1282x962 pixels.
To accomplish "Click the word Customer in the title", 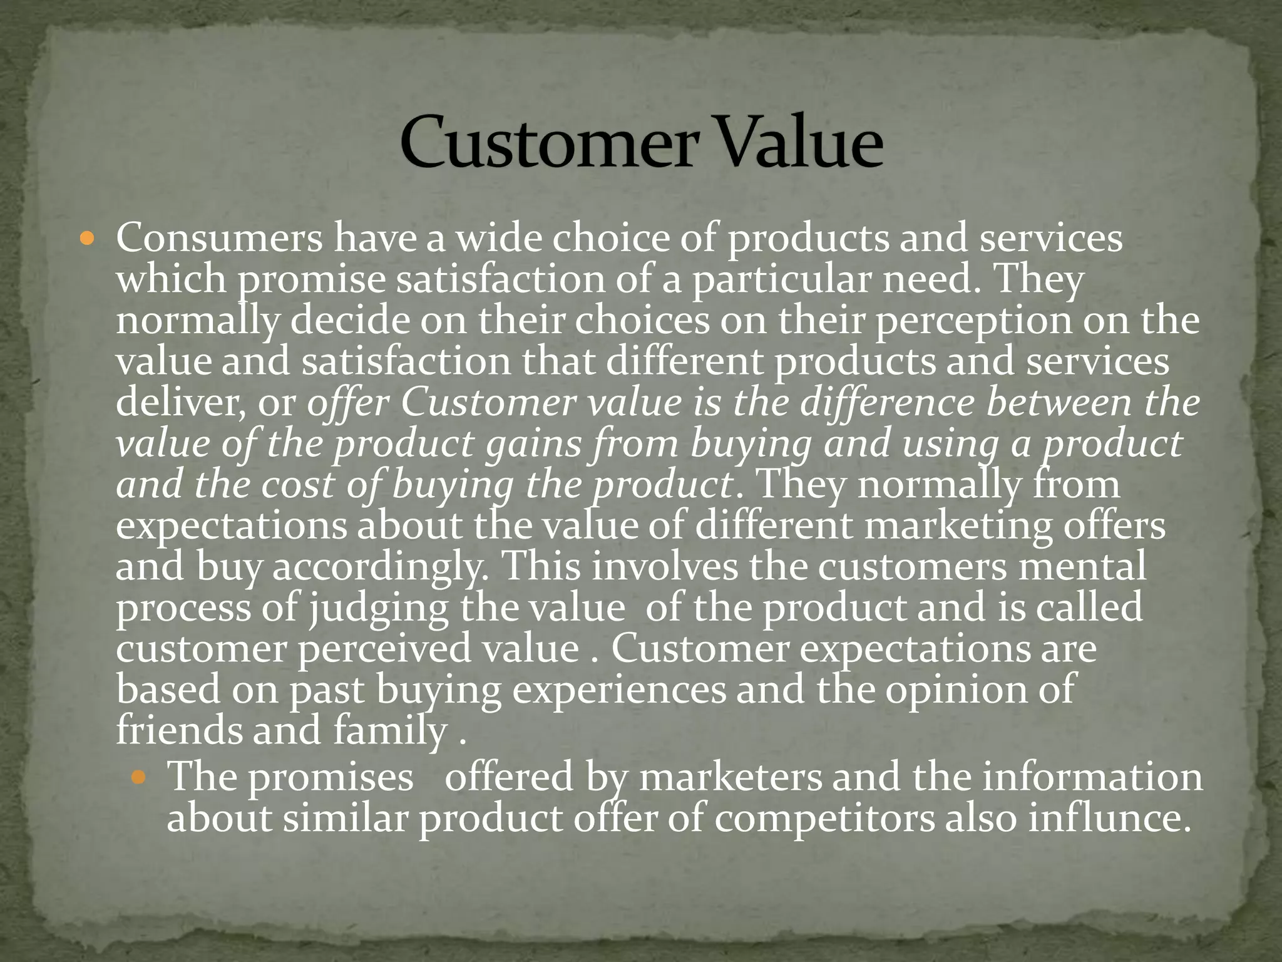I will coord(549,143).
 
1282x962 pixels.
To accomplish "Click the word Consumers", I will coord(220,239).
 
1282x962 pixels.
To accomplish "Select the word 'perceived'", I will coord(384,649).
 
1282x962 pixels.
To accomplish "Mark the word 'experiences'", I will coord(620,690).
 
